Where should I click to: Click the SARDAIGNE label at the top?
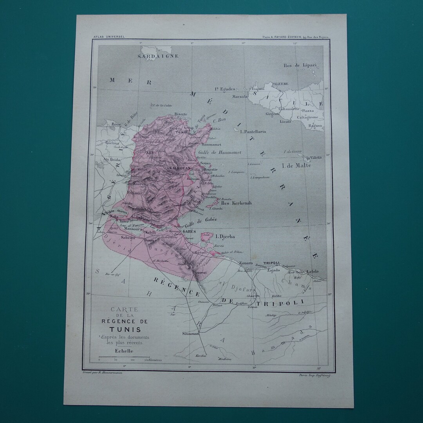(x=158, y=56)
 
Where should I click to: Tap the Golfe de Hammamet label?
(x=221, y=152)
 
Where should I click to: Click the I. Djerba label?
(x=225, y=236)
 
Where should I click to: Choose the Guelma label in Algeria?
(x=112, y=143)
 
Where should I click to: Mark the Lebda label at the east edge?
(x=312, y=271)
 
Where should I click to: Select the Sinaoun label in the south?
(x=191, y=334)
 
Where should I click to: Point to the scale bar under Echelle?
(x=124, y=357)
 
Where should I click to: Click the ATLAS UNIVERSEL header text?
(x=109, y=36)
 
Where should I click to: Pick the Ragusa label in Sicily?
(x=315, y=126)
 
